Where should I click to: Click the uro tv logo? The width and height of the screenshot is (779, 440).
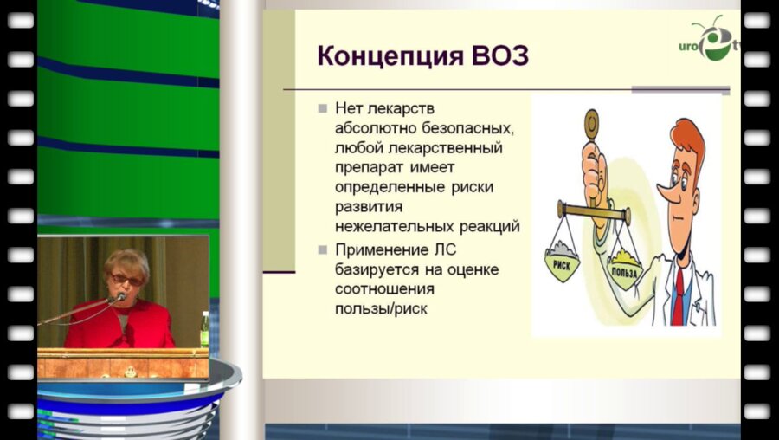tap(714, 41)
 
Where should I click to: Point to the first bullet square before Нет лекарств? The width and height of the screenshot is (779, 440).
tap(322, 109)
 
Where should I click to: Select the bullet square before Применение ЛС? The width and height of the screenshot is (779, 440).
tap(322, 250)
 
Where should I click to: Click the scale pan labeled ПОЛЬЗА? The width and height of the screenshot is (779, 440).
tap(623, 269)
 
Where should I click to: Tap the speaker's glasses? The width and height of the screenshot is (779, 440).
tap(126, 279)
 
